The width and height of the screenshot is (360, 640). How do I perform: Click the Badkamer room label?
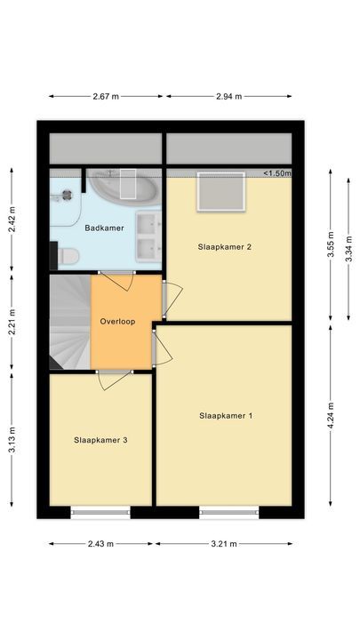click(x=104, y=228)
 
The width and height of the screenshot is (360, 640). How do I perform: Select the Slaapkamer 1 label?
click(x=226, y=415)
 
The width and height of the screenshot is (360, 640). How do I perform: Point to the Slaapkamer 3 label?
click(x=100, y=439)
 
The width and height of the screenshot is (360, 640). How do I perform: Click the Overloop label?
click(x=117, y=322)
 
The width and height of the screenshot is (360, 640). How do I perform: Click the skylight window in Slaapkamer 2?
click(x=220, y=193)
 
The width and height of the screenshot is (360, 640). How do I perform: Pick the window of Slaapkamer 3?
click(x=100, y=512)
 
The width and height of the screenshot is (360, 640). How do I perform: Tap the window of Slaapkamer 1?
click(x=229, y=512)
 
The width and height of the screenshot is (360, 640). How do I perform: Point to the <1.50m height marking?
click(x=276, y=173)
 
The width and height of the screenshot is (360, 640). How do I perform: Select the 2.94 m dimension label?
click(x=229, y=96)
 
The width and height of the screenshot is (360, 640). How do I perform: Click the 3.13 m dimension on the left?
click(x=12, y=439)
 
